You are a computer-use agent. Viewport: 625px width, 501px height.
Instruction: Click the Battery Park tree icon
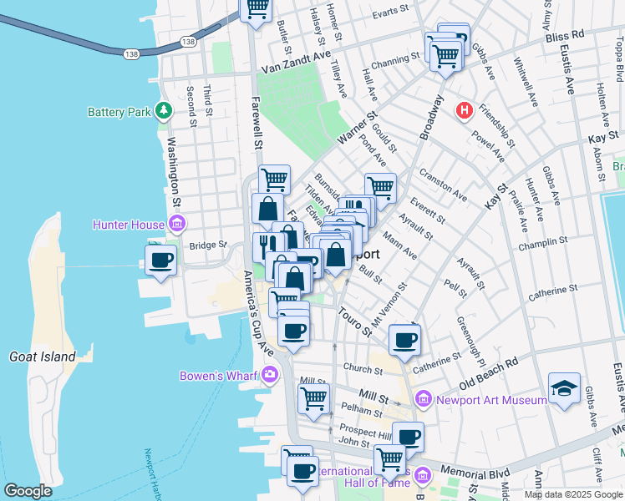pos(165,110)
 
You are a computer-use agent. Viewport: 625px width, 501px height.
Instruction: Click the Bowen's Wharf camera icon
pos(269,375)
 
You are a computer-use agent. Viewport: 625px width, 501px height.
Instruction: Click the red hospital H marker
pos(464,109)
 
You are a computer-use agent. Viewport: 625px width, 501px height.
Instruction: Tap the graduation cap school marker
pos(564,388)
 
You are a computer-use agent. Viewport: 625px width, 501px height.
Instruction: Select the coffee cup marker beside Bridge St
pos(161,259)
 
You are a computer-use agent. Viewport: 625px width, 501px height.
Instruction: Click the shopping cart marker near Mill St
pos(313,398)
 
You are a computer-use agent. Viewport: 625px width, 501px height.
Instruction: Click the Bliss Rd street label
pos(567,38)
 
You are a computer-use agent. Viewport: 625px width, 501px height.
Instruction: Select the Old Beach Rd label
pos(489,374)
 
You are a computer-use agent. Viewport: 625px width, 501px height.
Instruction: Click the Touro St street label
pos(356,321)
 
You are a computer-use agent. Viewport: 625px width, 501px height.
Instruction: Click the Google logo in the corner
pos(28,491)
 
